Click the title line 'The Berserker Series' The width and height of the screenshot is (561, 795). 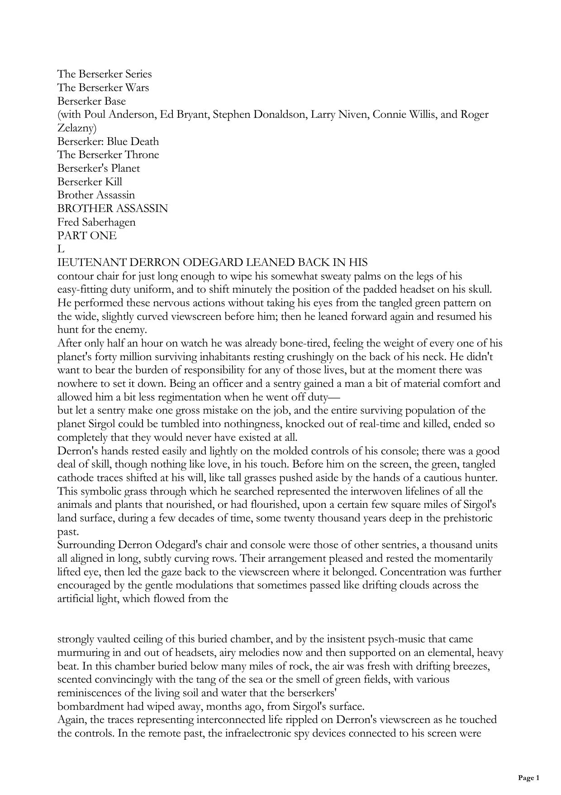coord(105,74)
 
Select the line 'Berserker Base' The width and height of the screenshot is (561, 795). coord(91,101)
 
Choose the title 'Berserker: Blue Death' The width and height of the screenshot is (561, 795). coord(108,141)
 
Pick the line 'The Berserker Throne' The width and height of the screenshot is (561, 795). coord(108,154)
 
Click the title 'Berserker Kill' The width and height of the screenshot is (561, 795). coord(90,182)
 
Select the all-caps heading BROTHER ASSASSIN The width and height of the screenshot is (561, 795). coord(113,208)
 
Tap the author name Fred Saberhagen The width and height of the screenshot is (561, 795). coord(96,222)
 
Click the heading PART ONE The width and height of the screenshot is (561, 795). coord(87,236)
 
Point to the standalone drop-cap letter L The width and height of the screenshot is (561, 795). coord(61,249)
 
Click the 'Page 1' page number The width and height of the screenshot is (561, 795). coord(528,778)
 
